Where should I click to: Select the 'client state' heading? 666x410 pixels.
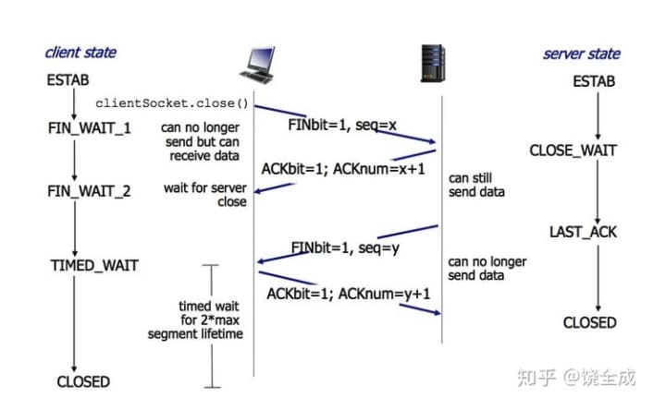[80, 53]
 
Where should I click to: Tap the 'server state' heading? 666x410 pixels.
[581, 54]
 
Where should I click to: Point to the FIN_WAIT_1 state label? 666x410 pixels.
[89, 127]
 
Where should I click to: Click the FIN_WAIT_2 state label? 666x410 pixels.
[89, 192]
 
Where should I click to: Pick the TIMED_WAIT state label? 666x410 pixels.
[93, 266]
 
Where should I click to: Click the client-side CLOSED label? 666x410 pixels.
[82, 381]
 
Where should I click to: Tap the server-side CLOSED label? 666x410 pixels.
[589, 322]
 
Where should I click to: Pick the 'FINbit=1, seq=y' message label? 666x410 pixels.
[345, 247]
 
